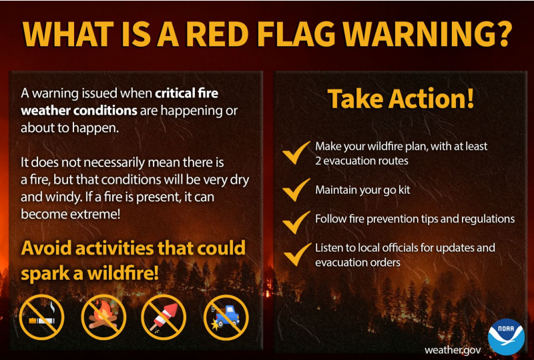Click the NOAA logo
(x=506, y=336)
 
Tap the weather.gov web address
(x=452, y=349)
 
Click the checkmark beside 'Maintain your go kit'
(x=296, y=190)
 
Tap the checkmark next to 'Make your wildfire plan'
(x=296, y=152)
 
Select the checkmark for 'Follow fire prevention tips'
(x=296, y=220)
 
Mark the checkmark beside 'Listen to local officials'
(x=296, y=254)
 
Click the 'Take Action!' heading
(x=400, y=99)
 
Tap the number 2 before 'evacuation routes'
(x=318, y=160)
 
